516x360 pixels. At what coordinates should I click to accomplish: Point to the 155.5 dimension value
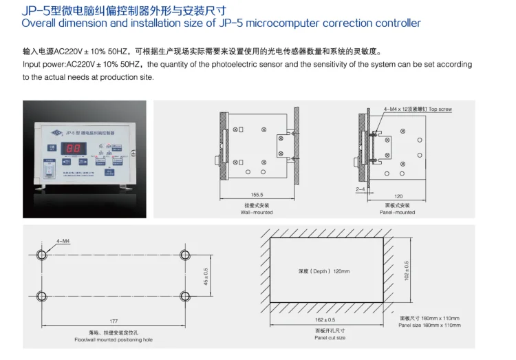pyautogui.click(x=256, y=195)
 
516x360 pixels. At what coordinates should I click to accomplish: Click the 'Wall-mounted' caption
pyautogui.click(x=256, y=213)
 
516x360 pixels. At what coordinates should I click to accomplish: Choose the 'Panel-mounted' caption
pyautogui.click(x=397, y=213)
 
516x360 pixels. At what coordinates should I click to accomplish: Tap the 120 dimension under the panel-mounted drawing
pyautogui.click(x=397, y=195)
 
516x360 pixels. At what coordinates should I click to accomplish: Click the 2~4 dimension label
pyautogui.click(x=361, y=188)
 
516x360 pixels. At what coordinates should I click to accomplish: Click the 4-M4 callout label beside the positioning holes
pyautogui.click(x=63, y=241)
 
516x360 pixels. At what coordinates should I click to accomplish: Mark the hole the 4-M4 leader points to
pyautogui.click(x=43, y=255)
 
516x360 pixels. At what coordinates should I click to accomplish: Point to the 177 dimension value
pyautogui.click(x=114, y=321)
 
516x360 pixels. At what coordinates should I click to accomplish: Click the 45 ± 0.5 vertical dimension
pyautogui.click(x=205, y=275)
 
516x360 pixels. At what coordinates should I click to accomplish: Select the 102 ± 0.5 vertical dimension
pyautogui.click(x=407, y=270)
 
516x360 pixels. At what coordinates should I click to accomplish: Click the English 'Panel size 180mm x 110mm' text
pyautogui.click(x=429, y=325)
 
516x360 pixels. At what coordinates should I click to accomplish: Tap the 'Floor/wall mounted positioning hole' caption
pyautogui.click(x=114, y=339)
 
